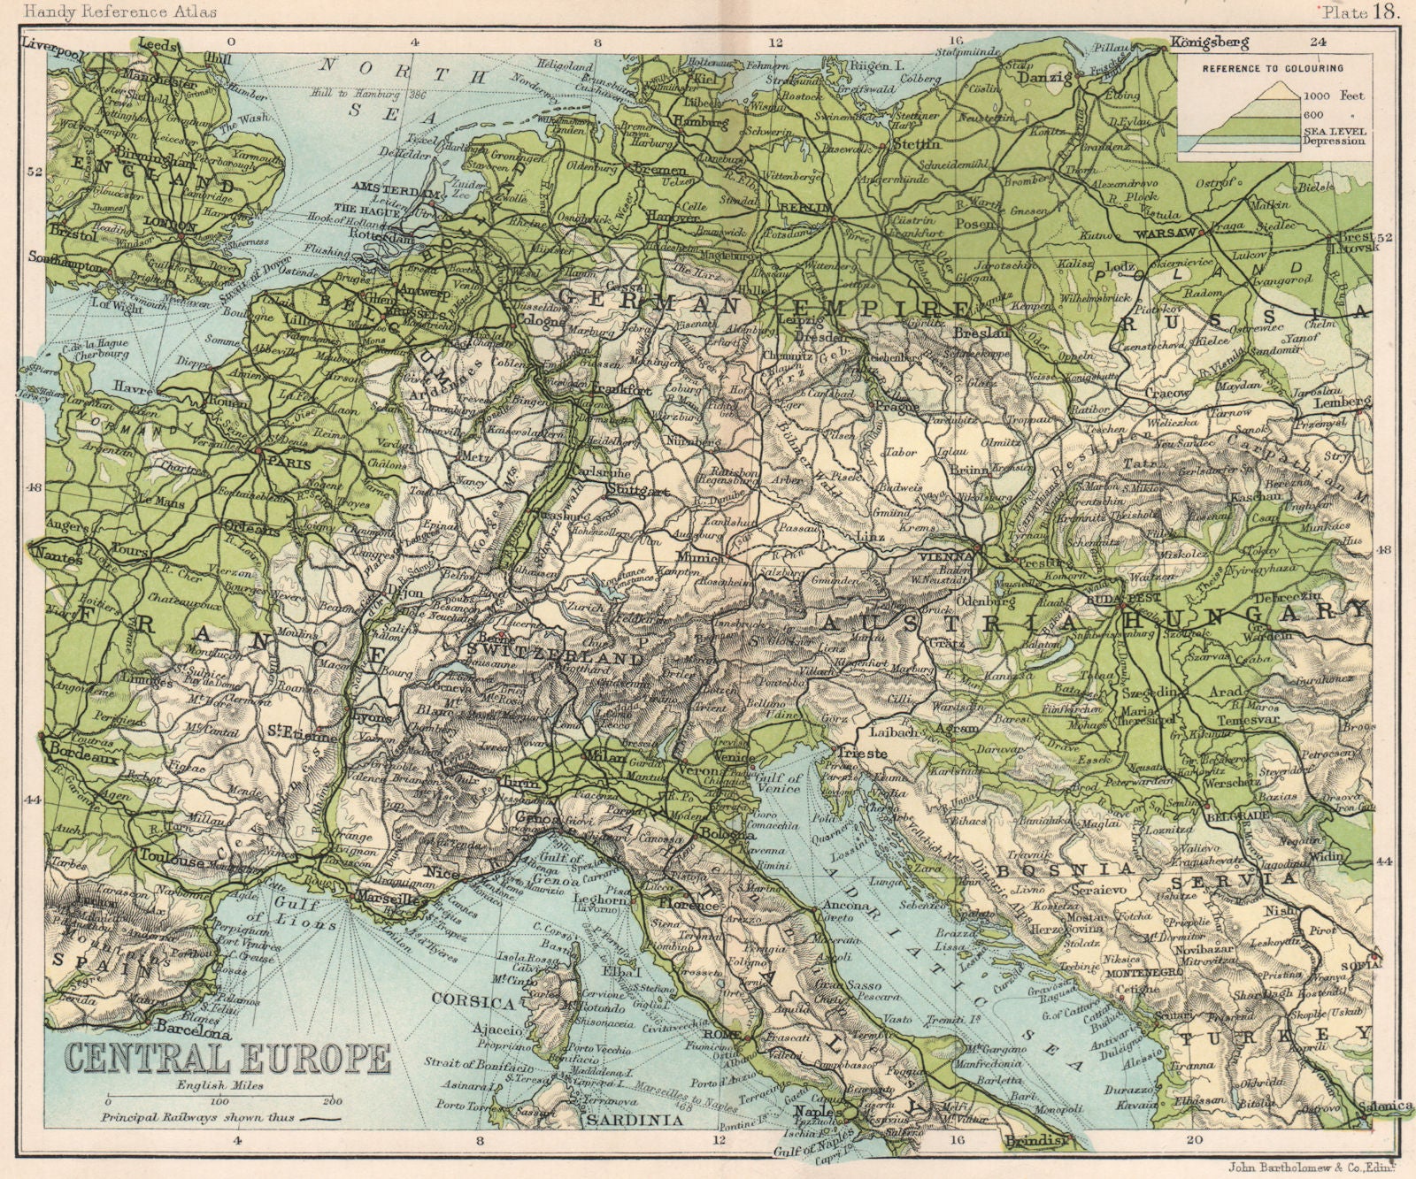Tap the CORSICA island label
tap(473, 1002)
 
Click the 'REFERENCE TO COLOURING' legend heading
tap(1272, 68)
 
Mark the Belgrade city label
tap(1230, 816)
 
